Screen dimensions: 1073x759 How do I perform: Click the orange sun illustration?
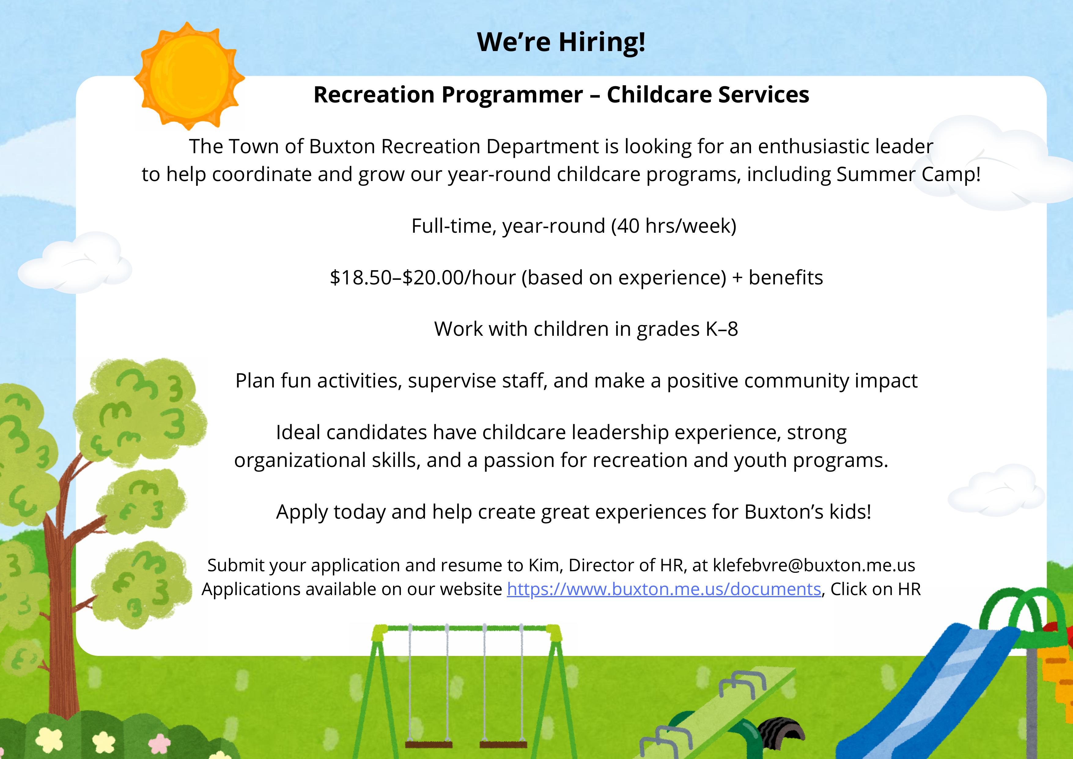(x=189, y=76)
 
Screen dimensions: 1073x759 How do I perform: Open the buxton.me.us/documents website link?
(x=664, y=589)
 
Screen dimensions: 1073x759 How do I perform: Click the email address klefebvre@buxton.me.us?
(x=814, y=565)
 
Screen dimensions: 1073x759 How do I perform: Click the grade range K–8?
(x=721, y=329)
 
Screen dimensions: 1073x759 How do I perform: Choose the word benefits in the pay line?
(x=786, y=278)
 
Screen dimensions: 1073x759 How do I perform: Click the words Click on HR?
(x=875, y=589)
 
